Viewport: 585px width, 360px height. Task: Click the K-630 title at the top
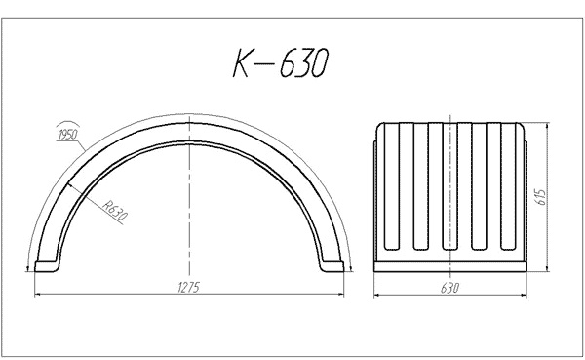tap(281, 62)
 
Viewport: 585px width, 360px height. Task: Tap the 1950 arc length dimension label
tap(67, 135)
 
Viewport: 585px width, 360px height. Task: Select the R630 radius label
tap(115, 210)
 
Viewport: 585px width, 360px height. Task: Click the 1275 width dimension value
tap(189, 287)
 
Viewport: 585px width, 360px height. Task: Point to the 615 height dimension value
tap(541, 197)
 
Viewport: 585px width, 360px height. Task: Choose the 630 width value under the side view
tap(449, 288)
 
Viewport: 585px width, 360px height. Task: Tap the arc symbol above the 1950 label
tap(67, 124)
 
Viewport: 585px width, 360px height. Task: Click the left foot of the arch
tap(46, 266)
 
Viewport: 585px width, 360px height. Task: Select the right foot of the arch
tap(332, 266)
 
